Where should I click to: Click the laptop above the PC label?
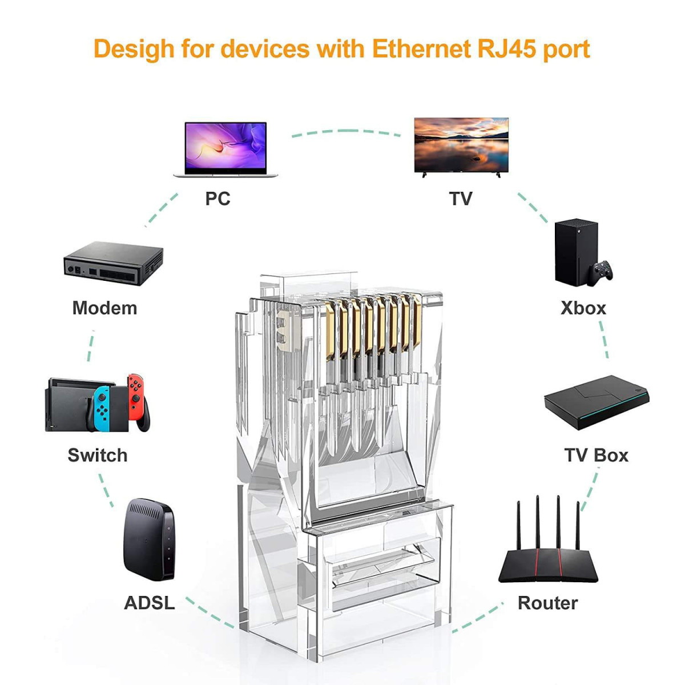tap(225, 149)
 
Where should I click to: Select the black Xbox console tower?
tap(575, 252)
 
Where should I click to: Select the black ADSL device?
tap(148, 540)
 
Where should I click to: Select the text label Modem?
tap(104, 308)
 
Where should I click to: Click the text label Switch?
tap(98, 456)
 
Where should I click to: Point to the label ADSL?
tap(149, 603)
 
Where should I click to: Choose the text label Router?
tap(547, 603)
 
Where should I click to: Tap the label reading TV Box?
tap(596, 456)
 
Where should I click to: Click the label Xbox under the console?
tap(583, 308)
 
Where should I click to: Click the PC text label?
tap(217, 199)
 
